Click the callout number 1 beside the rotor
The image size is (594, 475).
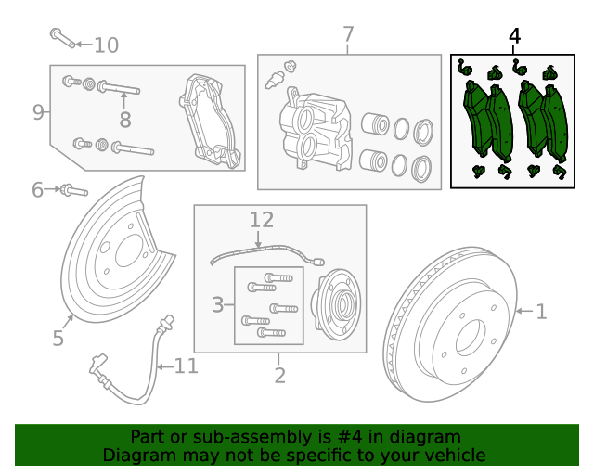tap(541, 313)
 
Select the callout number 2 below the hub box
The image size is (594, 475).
tap(279, 375)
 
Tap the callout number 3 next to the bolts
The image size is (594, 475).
tap(218, 304)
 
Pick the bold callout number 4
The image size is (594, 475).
tap(515, 36)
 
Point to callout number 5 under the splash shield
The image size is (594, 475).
tap(58, 339)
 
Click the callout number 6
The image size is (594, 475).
tap(37, 190)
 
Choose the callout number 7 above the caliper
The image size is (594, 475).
tap(348, 35)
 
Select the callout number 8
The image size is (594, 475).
tap(125, 119)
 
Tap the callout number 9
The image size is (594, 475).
tap(38, 112)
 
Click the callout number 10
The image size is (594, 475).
tap(107, 45)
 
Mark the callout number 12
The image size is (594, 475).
tap(262, 220)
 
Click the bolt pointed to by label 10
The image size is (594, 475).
tap(61, 38)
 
